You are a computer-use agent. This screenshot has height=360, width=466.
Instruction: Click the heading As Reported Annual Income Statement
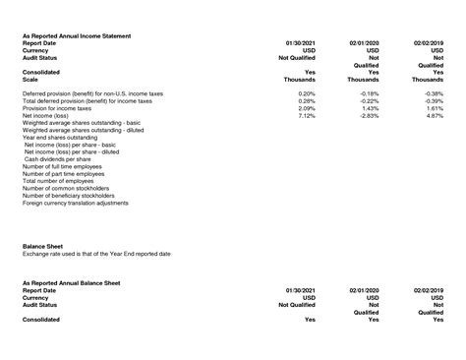pyautogui.click(x=77, y=36)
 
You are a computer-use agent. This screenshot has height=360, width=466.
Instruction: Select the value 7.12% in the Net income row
pyautogui.click(x=306, y=115)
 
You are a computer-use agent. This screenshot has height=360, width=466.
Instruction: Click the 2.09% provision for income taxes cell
pyautogui.click(x=306, y=107)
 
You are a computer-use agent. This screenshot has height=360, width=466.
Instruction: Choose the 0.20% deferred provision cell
pyautogui.click(x=306, y=92)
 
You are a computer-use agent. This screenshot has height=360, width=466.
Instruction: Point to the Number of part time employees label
pyautogui.click(x=65, y=174)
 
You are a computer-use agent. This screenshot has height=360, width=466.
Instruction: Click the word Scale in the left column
pyautogui.click(x=31, y=79)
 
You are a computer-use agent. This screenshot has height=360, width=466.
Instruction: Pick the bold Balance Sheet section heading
pyautogui.click(x=42, y=246)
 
